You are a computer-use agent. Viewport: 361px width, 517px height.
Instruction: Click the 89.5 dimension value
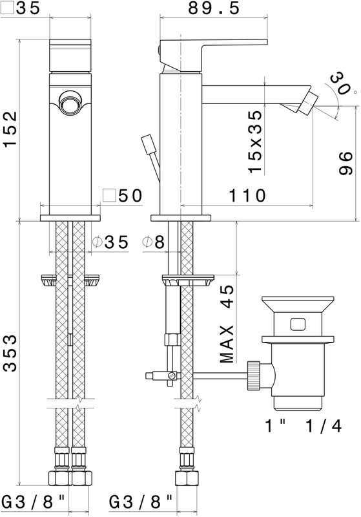(x=214, y=8)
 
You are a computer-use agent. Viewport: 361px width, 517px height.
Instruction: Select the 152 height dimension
(x=10, y=129)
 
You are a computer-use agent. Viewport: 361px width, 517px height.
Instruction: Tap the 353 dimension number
(x=10, y=353)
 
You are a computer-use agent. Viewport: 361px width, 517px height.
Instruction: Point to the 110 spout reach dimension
(x=247, y=196)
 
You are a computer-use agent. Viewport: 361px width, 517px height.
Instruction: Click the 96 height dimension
(x=346, y=164)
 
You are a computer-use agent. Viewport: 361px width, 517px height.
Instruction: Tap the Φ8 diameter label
(x=154, y=242)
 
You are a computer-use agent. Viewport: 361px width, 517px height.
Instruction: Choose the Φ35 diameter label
(x=110, y=242)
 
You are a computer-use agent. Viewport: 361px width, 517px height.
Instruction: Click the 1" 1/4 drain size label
(x=304, y=426)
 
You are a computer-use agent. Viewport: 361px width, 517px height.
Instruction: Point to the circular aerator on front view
(x=69, y=103)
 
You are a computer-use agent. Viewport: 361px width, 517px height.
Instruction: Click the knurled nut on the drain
(x=253, y=375)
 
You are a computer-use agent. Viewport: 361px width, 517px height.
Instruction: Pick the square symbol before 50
(x=109, y=196)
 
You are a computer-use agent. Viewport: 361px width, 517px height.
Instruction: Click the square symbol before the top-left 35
(x=7, y=8)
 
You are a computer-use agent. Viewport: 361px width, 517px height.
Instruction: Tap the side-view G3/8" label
(x=141, y=503)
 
